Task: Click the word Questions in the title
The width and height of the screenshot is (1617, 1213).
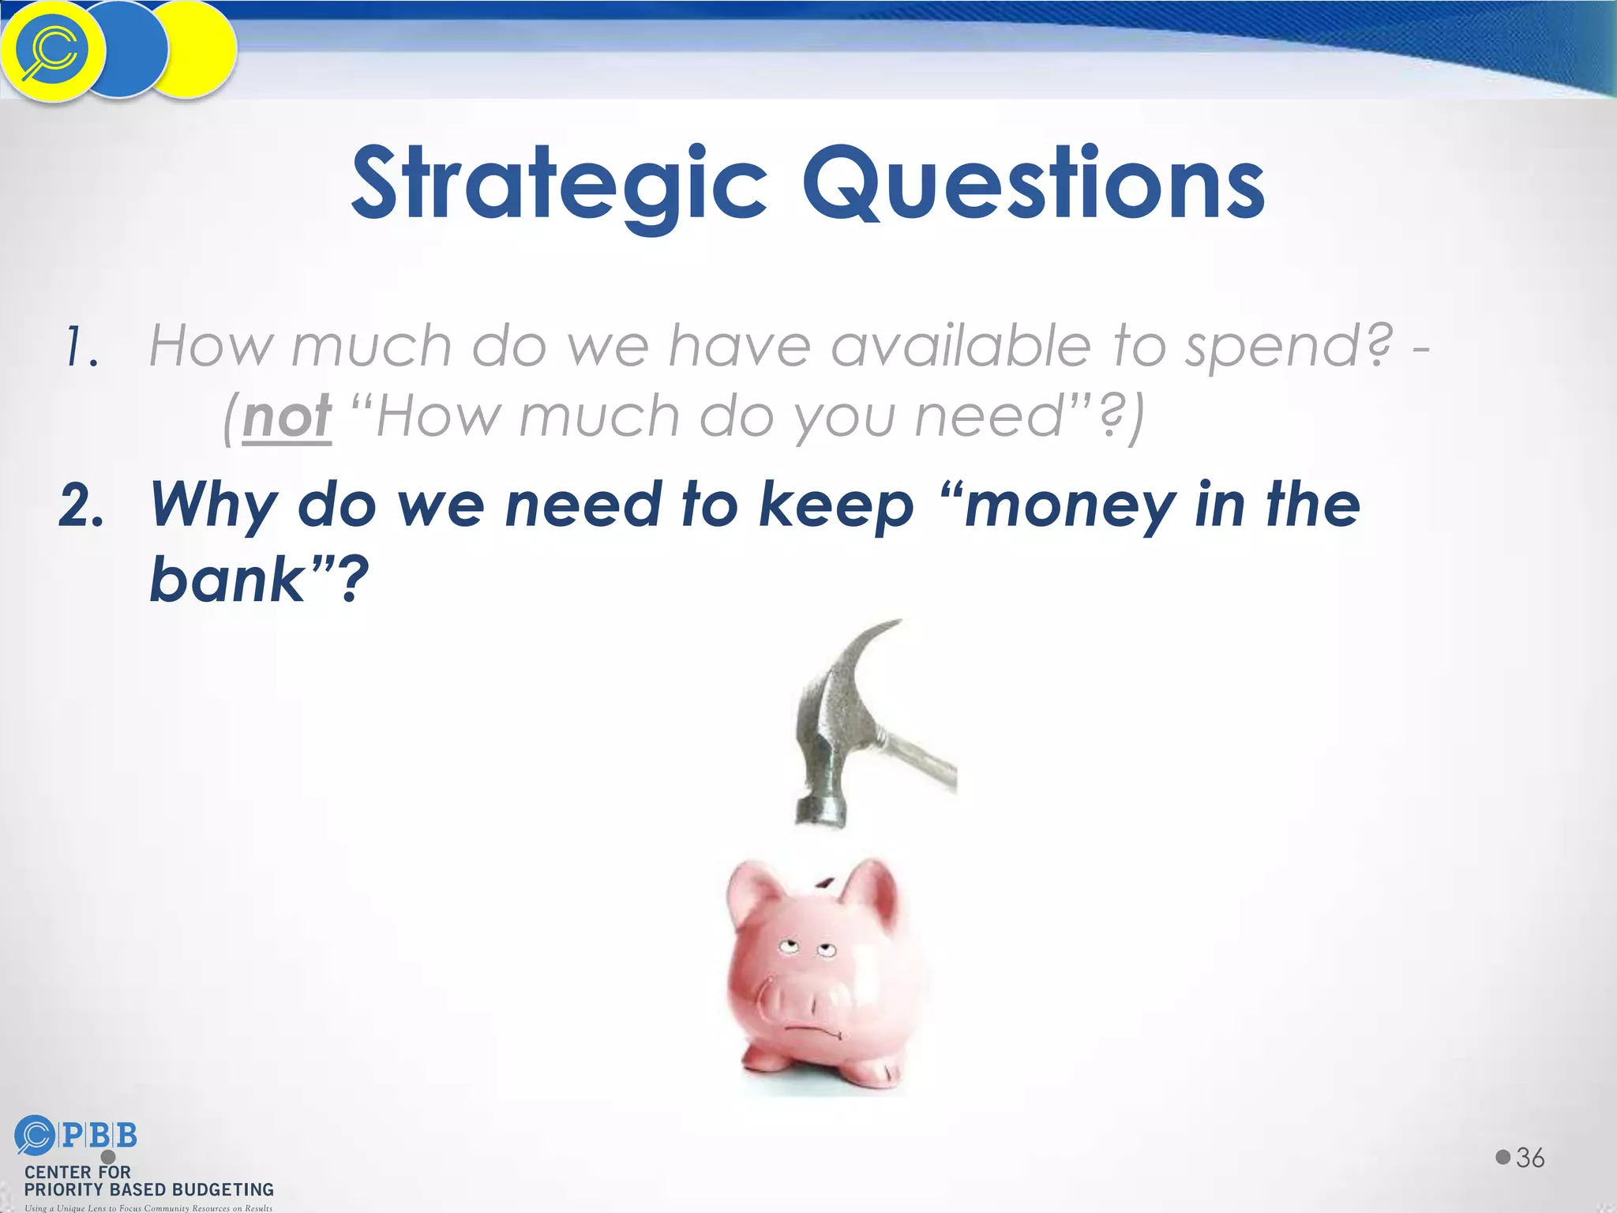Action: tap(1034, 183)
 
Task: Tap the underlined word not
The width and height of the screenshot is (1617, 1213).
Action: tap(287, 416)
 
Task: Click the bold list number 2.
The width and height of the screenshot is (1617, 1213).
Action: tap(81, 507)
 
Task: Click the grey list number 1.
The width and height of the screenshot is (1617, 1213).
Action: tap(82, 347)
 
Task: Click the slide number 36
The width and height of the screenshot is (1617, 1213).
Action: tap(1530, 1158)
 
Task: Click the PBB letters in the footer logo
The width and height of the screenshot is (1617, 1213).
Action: tap(99, 1136)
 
